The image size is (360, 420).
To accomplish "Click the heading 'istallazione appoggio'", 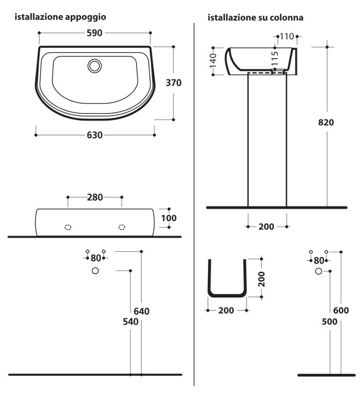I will coord(60,17).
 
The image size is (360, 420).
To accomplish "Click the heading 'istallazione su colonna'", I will coord(256,18).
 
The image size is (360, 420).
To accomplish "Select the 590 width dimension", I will coord(95,33).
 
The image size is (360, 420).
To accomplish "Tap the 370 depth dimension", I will coord(174,83).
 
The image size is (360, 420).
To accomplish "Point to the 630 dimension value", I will coord(95,135).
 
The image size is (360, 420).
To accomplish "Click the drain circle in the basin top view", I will coord(95,66).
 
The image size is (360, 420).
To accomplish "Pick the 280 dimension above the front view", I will coord(95,197).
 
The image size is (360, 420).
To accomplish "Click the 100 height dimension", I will coord(169,218).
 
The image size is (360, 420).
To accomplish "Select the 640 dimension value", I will coord(142,311).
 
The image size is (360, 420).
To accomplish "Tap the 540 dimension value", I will coord(130,322).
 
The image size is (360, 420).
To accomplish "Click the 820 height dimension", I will coord(326,122).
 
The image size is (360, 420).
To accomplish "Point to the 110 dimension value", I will coord(287,37).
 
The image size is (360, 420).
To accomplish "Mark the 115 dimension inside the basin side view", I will coord(275,59).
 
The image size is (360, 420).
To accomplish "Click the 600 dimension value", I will coord(341,310).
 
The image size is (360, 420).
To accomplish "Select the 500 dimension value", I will coord(329,322).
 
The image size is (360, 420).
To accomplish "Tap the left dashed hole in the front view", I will coord(68,227).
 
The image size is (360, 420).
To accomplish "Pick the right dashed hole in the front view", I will coord(121,227).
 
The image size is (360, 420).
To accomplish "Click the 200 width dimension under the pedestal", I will coord(267,226).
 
